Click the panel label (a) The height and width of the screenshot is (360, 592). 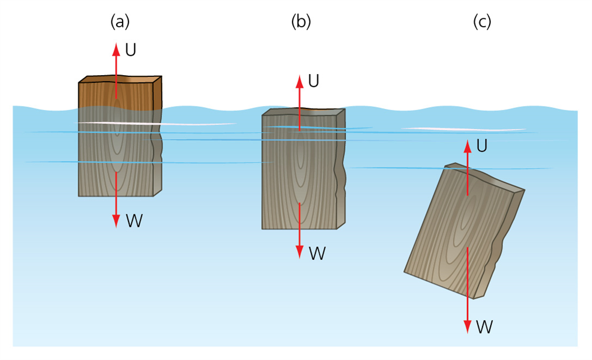(x=120, y=22)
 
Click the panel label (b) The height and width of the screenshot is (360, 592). (x=301, y=22)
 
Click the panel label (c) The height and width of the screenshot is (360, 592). (x=482, y=22)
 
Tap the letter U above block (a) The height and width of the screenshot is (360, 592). (x=131, y=50)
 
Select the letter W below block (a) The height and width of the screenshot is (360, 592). (x=134, y=221)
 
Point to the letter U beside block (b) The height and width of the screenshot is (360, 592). (x=314, y=81)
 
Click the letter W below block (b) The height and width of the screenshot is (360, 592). (x=317, y=253)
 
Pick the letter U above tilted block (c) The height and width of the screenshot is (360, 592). (x=482, y=146)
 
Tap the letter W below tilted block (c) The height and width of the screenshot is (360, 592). (x=485, y=326)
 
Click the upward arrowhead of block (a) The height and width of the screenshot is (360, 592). (x=116, y=47)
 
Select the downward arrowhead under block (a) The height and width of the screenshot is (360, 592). (x=116, y=224)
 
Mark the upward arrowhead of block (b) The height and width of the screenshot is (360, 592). (x=300, y=81)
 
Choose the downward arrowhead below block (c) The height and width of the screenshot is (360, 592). (x=468, y=327)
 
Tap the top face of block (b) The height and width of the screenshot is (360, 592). (x=320, y=112)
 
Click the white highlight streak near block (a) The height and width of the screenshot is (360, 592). (x=160, y=124)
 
